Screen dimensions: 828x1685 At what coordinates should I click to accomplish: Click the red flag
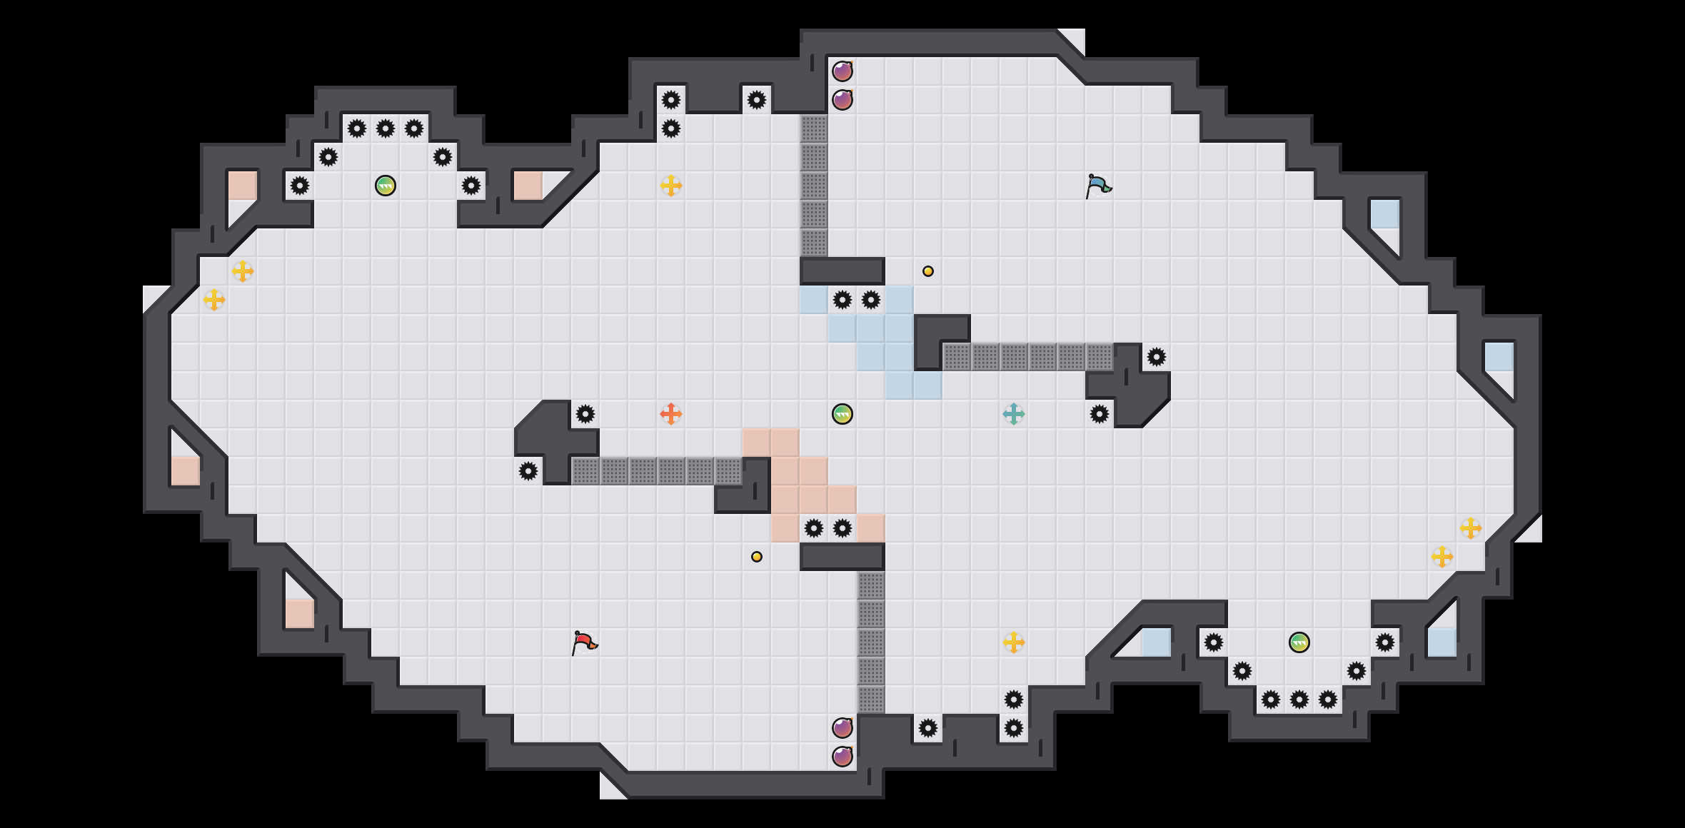[584, 642]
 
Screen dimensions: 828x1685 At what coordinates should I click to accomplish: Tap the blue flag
[1098, 186]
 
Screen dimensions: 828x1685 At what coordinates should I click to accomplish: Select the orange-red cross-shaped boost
[670, 414]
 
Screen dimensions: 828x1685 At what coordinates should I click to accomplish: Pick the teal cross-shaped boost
[1013, 414]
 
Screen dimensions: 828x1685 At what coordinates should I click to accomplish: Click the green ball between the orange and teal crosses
[842, 414]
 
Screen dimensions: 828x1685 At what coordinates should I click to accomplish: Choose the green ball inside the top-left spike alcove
[386, 186]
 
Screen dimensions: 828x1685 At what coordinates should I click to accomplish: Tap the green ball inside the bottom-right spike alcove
[1299, 642]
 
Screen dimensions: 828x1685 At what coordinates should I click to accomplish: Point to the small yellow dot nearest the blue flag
[928, 271]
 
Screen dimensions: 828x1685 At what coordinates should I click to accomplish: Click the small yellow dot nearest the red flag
[757, 557]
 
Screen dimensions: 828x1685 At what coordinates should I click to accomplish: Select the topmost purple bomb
[842, 71]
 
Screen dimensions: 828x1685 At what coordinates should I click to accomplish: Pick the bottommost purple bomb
[842, 757]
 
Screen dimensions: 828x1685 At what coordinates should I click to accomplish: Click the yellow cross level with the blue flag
[670, 186]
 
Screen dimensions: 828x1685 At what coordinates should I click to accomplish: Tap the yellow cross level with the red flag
[1013, 642]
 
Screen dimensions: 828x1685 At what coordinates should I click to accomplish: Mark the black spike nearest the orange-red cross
[585, 414]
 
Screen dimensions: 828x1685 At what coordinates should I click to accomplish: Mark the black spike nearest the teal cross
[1100, 414]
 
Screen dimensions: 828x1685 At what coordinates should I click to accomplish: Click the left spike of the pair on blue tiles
[842, 300]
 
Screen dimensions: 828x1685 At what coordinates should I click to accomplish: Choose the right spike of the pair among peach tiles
[842, 528]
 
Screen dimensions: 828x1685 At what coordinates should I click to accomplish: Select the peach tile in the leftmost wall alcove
[186, 471]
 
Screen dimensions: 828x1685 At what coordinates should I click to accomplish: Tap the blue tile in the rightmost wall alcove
[1499, 357]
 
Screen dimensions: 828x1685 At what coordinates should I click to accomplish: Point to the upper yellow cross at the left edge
[243, 271]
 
